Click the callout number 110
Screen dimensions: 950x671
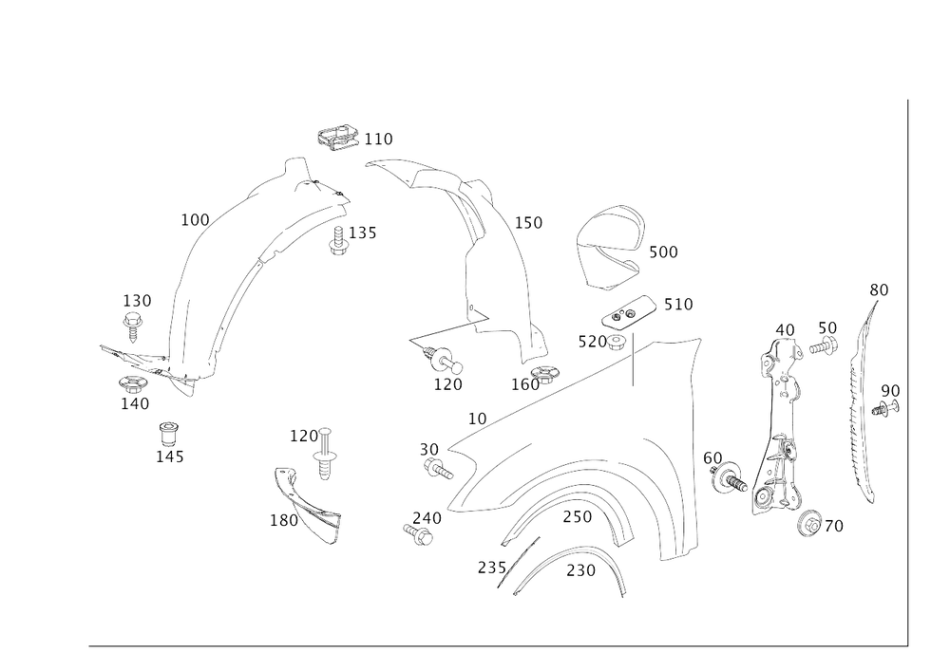click(x=378, y=140)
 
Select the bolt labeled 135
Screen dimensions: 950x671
click(x=338, y=240)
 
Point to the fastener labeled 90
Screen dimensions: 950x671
click(x=885, y=408)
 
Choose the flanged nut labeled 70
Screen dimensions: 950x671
click(x=810, y=523)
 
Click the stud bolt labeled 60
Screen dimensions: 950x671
click(x=729, y=477)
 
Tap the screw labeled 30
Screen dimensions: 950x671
click(x=437, y=468)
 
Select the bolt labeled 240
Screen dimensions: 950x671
click(x=418, y=533)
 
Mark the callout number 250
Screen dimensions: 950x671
click(x=577, y=516)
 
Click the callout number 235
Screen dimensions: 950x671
click(x=491, y=568)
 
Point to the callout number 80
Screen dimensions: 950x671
click(x=879, y=290)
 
